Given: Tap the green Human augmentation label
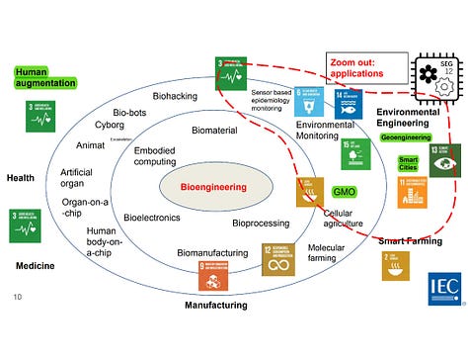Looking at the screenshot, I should [45, 78].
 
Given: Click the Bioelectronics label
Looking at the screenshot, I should [151, 217].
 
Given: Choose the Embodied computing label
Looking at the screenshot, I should [155, 155].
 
